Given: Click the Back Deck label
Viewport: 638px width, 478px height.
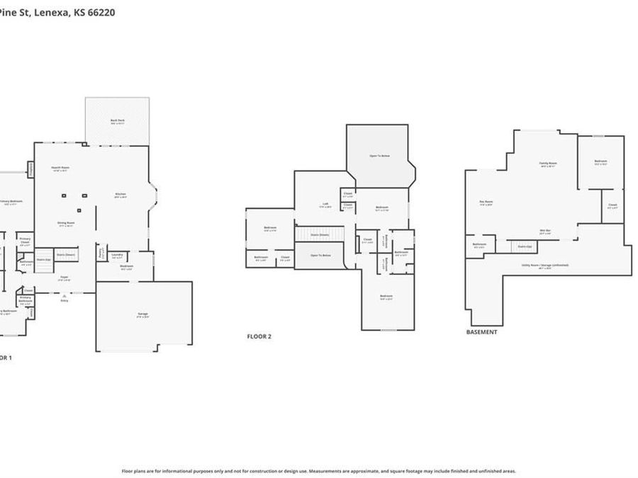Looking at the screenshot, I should [117, 121].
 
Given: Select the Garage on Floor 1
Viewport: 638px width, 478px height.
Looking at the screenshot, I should [143, 314].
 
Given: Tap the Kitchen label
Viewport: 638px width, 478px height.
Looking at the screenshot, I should [121, 195].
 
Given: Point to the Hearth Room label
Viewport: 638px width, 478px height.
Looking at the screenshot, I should [60, 169].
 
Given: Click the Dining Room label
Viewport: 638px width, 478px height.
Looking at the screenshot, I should [66, 224].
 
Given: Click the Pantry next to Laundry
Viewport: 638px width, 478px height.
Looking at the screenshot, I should [101, 254].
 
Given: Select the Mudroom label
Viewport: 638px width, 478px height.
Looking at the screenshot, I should [127, 268].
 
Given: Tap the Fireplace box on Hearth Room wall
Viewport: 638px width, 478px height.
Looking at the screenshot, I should [31, 169].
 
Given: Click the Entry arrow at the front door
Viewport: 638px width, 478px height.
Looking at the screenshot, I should [65, 296].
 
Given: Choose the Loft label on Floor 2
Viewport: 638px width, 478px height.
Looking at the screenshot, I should [325, 205].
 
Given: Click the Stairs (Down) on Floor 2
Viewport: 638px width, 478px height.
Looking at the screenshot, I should [320, 234].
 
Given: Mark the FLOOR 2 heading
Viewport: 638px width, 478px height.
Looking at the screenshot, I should [259, 336].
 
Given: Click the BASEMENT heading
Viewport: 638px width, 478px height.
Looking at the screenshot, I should [481, 331].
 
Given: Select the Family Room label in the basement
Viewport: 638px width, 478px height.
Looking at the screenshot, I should [548, 164].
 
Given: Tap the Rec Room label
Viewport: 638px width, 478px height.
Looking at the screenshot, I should [486, 203].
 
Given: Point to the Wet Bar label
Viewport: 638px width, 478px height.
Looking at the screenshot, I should [545, 231].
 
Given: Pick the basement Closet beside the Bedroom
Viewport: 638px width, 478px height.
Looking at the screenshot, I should [613, 206].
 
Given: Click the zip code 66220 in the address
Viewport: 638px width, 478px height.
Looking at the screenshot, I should [103, 13].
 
